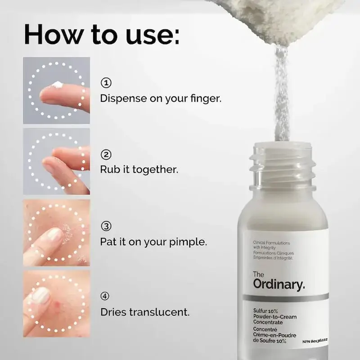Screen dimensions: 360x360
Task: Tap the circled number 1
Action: point(106,83)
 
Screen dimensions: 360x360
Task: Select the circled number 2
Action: point(106,155)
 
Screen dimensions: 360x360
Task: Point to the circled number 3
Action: point(106,226)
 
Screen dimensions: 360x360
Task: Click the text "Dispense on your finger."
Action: point(161,98)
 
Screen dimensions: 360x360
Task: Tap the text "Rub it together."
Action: point(139,170)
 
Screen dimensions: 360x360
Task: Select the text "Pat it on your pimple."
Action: point(153,242)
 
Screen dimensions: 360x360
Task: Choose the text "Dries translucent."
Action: point(145,312)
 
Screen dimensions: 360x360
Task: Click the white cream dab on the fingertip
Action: point(57,84)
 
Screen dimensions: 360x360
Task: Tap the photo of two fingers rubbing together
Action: point(57,161)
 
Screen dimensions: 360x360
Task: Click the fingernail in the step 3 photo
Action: point(54,234)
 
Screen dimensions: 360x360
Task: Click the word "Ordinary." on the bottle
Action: point(279,284)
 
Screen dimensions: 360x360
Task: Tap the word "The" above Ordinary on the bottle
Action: point(259,274)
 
